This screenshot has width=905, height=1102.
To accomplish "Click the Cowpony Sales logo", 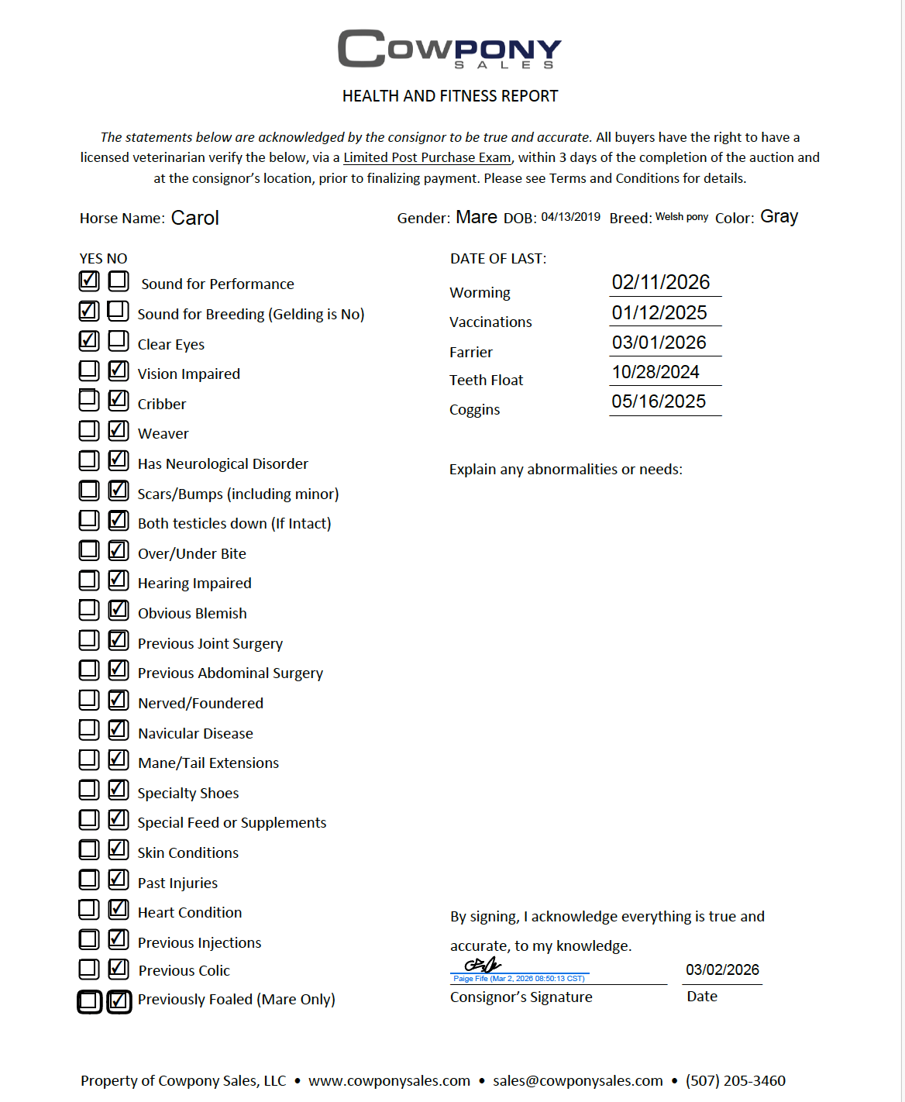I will [x=449, y=49].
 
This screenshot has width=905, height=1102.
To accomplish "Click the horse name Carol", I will [x=195, y=219].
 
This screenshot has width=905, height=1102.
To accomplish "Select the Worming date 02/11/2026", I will [x=661, y=282].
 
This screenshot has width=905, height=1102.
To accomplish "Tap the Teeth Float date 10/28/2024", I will [x=656, y=372].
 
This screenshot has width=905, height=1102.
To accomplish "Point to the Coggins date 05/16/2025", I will [x=659, y=401].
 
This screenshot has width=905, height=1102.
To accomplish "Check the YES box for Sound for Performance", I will [x=89, y=281].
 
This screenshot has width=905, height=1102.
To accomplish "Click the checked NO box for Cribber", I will [x=119, y=400].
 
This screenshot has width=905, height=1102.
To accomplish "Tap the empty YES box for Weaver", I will [x=89, y=430].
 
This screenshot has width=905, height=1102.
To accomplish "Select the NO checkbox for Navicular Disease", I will [x=119, y=729].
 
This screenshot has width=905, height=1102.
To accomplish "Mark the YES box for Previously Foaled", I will [x=89, y=1001].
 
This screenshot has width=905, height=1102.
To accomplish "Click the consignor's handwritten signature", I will [x=482, y=966].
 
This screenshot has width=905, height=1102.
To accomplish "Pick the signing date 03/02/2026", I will [x=722, y=970].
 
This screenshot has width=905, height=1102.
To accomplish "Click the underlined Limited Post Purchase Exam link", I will [x=427, y=157].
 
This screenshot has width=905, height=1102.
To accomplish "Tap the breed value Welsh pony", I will [x=682, y=217].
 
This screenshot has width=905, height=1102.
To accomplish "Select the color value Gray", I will [x=779, y=217].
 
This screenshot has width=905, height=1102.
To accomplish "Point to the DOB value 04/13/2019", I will [x=570, y=217].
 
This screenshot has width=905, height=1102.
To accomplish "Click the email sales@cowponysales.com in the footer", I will [x=577, y=1080].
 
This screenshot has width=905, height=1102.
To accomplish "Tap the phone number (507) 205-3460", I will [x=735, y=1080].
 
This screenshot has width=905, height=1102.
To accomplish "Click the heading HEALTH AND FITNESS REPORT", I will [x=450, y=96].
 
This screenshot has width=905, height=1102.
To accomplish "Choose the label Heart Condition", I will [x=190, y=912].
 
